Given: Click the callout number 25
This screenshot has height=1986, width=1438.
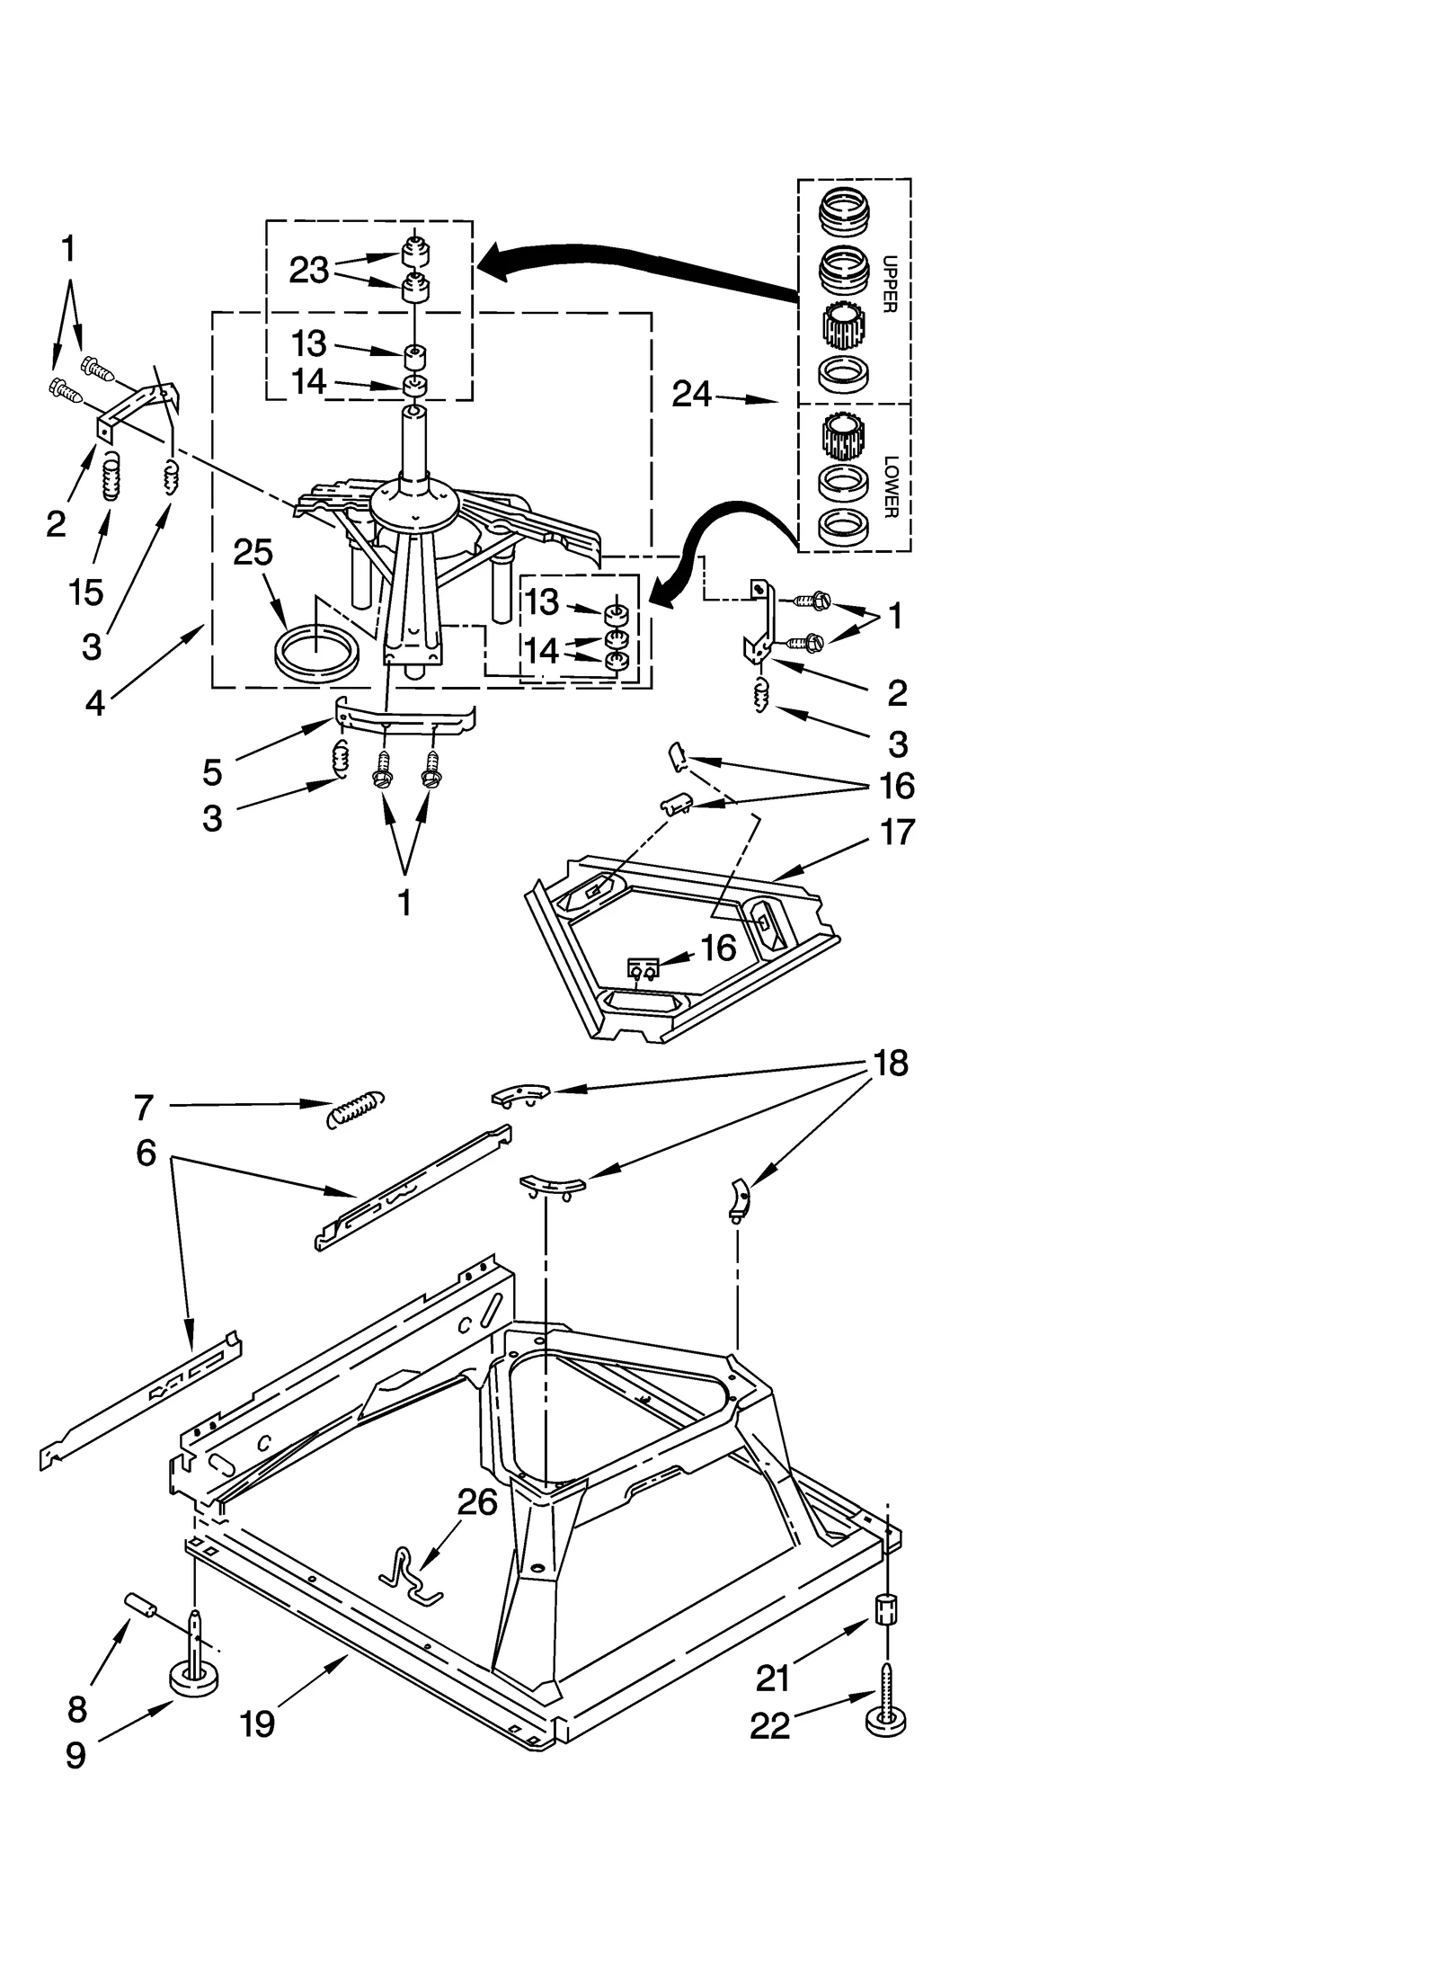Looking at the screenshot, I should [x=253, y=552].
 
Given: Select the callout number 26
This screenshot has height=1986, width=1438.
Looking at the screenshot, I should [x=477, y=1502].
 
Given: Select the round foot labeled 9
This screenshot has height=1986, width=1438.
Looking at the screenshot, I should [x=193, y=1674].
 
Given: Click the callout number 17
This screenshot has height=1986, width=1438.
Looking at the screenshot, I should [x=896, y=832].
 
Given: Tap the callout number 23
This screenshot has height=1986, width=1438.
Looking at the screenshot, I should [x=309, y=270].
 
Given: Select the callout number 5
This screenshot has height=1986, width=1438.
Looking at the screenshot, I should [x=212, y=771].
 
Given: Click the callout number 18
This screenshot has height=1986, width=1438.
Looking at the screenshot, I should [x=890, y=1063].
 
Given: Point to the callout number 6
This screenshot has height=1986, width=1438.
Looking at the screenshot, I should [x=146, y=1153].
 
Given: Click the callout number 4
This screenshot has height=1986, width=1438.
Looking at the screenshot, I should [x=95, y=702].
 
